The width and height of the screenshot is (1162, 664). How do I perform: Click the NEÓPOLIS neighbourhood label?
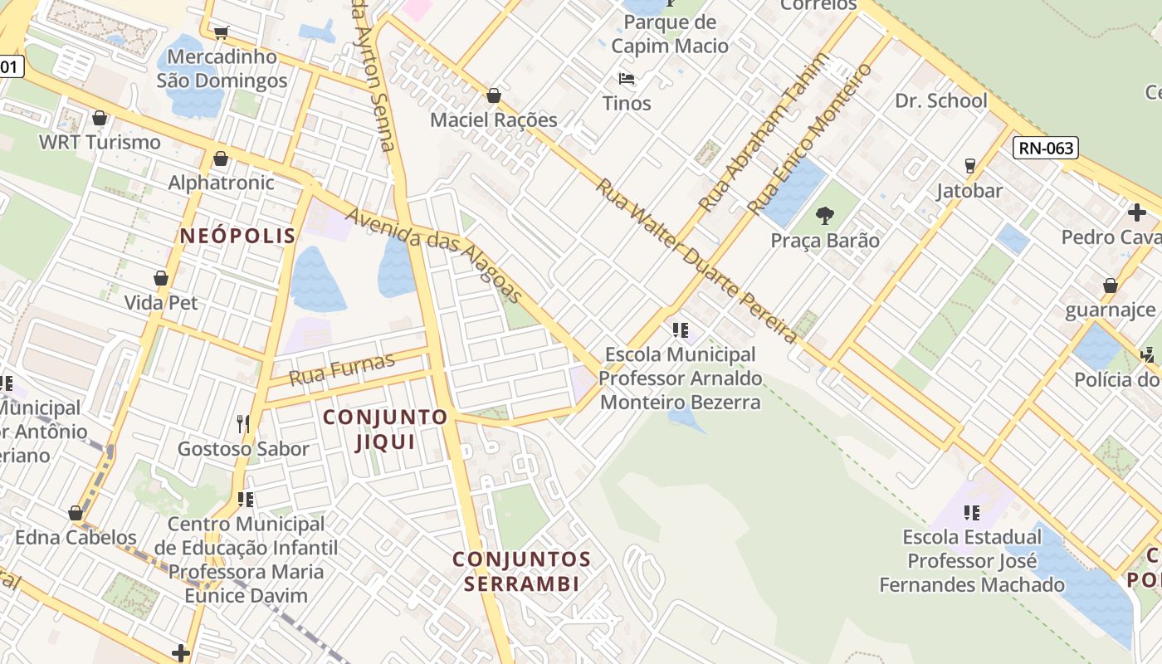(237, 236)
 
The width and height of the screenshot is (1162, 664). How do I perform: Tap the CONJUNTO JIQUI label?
(385, 429)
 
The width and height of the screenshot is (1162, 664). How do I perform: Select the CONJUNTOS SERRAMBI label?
(521, 571)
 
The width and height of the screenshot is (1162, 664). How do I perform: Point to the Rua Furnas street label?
(342, 369)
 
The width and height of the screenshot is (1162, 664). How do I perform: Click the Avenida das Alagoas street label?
(434, 254)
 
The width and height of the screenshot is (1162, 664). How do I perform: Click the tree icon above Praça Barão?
(824, 216)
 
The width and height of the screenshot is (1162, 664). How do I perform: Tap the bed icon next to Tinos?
(627, 80)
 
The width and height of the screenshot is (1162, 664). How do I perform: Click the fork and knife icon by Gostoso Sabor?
(243, 424)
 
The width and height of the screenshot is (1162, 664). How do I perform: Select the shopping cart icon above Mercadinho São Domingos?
(221, 33)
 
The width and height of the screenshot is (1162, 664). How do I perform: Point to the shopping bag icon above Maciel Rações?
(494, 95)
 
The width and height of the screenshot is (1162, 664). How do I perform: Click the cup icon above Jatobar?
(969, 166)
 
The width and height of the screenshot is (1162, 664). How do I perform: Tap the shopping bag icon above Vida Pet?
(161, 278)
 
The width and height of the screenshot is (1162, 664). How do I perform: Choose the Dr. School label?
(940, 101)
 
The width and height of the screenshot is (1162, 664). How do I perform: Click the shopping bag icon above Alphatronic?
(221, 158)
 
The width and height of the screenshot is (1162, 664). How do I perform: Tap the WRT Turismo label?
(100, 142)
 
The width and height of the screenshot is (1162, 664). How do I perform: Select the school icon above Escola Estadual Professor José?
(972, 512)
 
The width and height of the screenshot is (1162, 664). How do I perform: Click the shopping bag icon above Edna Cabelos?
(76, 512)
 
